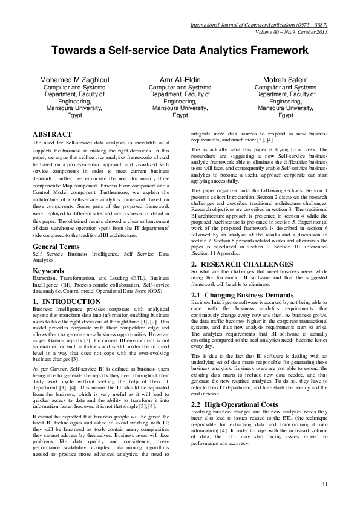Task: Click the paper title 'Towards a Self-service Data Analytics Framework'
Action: (180, 52)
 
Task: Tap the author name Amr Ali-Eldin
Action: (180, 80)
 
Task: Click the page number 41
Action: (325, 483)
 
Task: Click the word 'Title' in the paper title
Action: (180, 52)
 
